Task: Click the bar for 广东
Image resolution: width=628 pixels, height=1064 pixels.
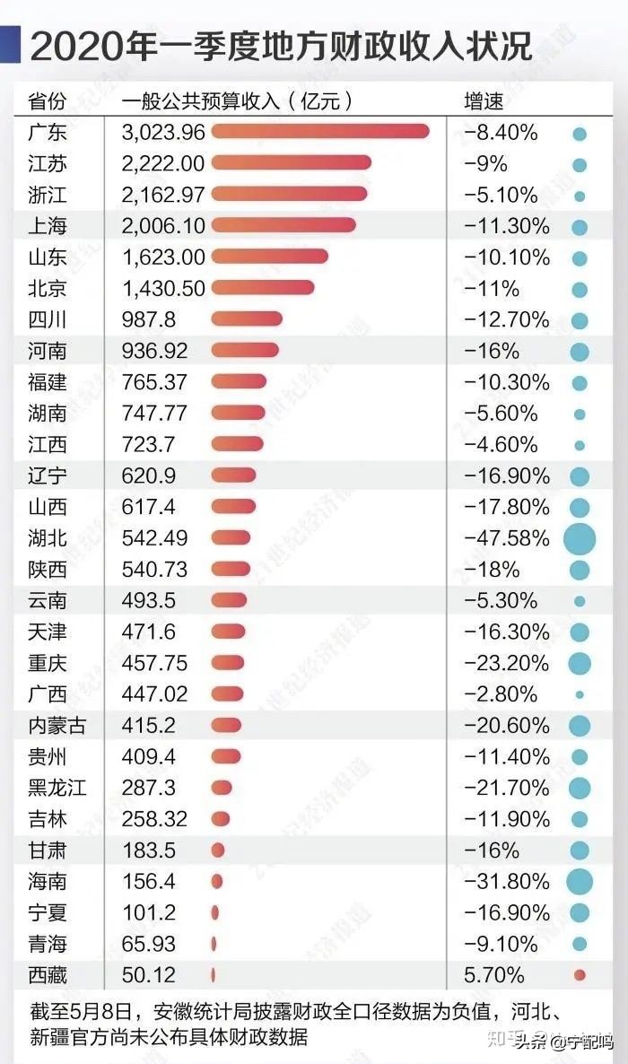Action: [320, 133]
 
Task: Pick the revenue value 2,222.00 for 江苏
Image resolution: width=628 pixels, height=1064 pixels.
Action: [163, 163]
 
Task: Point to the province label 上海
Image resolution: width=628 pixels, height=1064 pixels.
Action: [47, 226]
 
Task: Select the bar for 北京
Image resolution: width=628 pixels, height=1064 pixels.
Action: [263, 288]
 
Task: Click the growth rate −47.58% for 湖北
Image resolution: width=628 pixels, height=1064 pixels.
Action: [507, 538]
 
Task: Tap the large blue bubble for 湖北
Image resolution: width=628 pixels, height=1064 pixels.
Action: [580, 539]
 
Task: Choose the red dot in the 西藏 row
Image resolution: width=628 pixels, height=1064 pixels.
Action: [580, 975]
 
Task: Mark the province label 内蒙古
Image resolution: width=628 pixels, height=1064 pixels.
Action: [57, 726]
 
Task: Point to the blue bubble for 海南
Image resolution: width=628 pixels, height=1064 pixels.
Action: [580, 882]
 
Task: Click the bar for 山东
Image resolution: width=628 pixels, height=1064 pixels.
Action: [269, 257]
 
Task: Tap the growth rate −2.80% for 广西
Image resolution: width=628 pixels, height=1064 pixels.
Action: [501, 694]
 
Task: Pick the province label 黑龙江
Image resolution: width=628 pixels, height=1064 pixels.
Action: [57, 788]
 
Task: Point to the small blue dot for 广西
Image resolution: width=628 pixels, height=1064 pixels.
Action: [580, 694]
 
